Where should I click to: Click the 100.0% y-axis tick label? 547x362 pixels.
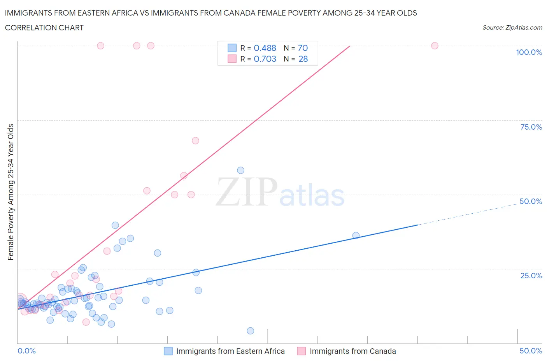529,52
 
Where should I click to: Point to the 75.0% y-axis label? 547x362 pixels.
531,127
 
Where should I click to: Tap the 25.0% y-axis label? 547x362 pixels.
531,276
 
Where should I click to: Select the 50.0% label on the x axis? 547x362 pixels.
531,351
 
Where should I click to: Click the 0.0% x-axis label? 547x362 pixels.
26,351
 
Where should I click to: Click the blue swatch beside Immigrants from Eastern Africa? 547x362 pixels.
168,351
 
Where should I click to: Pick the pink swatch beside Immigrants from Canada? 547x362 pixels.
302,351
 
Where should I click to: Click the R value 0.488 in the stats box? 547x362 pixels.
265,48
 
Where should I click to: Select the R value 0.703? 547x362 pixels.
265,59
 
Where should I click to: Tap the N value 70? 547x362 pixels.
303,48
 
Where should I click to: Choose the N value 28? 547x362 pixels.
303,59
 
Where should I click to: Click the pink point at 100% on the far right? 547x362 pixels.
435,46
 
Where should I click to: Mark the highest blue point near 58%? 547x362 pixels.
240,170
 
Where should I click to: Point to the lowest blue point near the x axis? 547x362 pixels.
250,331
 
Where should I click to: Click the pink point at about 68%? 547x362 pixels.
195,141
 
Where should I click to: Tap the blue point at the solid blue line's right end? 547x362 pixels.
356,235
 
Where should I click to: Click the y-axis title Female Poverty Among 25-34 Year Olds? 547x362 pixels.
11,192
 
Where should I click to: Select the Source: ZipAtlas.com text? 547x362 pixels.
512,28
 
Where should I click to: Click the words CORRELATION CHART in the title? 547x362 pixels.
44,28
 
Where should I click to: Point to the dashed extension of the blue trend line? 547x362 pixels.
467,213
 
